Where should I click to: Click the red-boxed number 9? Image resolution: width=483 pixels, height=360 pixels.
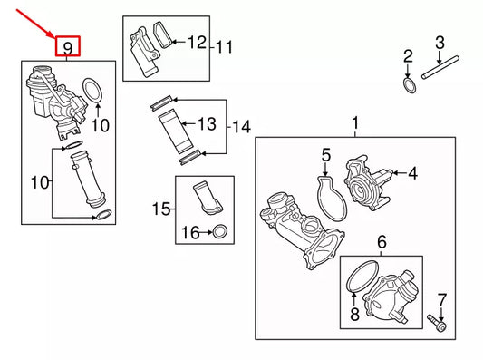[68, 46]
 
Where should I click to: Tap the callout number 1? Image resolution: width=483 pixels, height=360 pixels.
[355, 122]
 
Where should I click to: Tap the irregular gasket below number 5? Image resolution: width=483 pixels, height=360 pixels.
[332, 199]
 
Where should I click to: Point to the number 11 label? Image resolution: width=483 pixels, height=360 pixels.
[225, 46]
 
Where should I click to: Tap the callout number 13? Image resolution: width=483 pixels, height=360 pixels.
[207, 123]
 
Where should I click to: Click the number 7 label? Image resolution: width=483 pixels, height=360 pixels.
[442, 300]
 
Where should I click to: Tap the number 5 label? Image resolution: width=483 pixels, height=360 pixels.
[325, 163]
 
